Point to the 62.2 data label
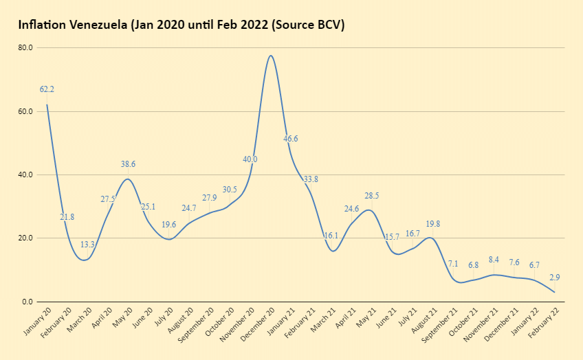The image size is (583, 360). click(47, 89)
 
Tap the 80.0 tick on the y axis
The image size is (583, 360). click(25, 48)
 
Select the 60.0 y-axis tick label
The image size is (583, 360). click(25, 111)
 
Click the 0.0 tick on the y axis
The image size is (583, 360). click(27, 302)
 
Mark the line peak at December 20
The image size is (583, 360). click(271, 56)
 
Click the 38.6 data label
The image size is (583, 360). click(128, 165)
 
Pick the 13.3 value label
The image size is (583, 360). click(87, 245)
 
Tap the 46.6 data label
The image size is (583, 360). click(291, 139)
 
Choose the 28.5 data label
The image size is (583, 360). click(372, 196)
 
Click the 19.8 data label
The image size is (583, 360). click(432, 224)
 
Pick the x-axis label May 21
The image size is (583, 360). click(363, 318)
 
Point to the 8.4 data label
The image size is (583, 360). click(494, 260)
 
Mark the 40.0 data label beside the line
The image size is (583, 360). click(250, 159)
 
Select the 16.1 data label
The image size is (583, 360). click(331, 235)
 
